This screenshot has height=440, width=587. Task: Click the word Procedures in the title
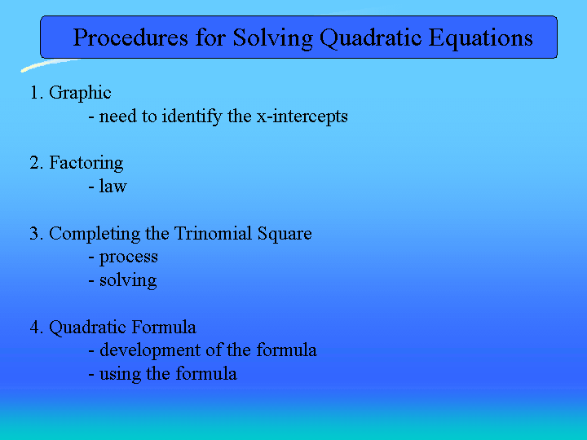(130, 37)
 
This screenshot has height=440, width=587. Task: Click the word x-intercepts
(302, 117)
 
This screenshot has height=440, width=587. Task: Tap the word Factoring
(86, 164)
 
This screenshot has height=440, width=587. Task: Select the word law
(113, 186)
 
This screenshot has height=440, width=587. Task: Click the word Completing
(95, 234)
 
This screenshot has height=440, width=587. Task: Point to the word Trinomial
(213, 233)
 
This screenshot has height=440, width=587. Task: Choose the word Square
(285, 234)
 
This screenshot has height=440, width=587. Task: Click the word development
(150, 351)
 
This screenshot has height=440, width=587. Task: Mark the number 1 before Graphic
(34, 93)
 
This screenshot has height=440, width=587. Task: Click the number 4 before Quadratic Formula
(35, 327)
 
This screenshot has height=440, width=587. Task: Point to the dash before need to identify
(91, 117)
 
